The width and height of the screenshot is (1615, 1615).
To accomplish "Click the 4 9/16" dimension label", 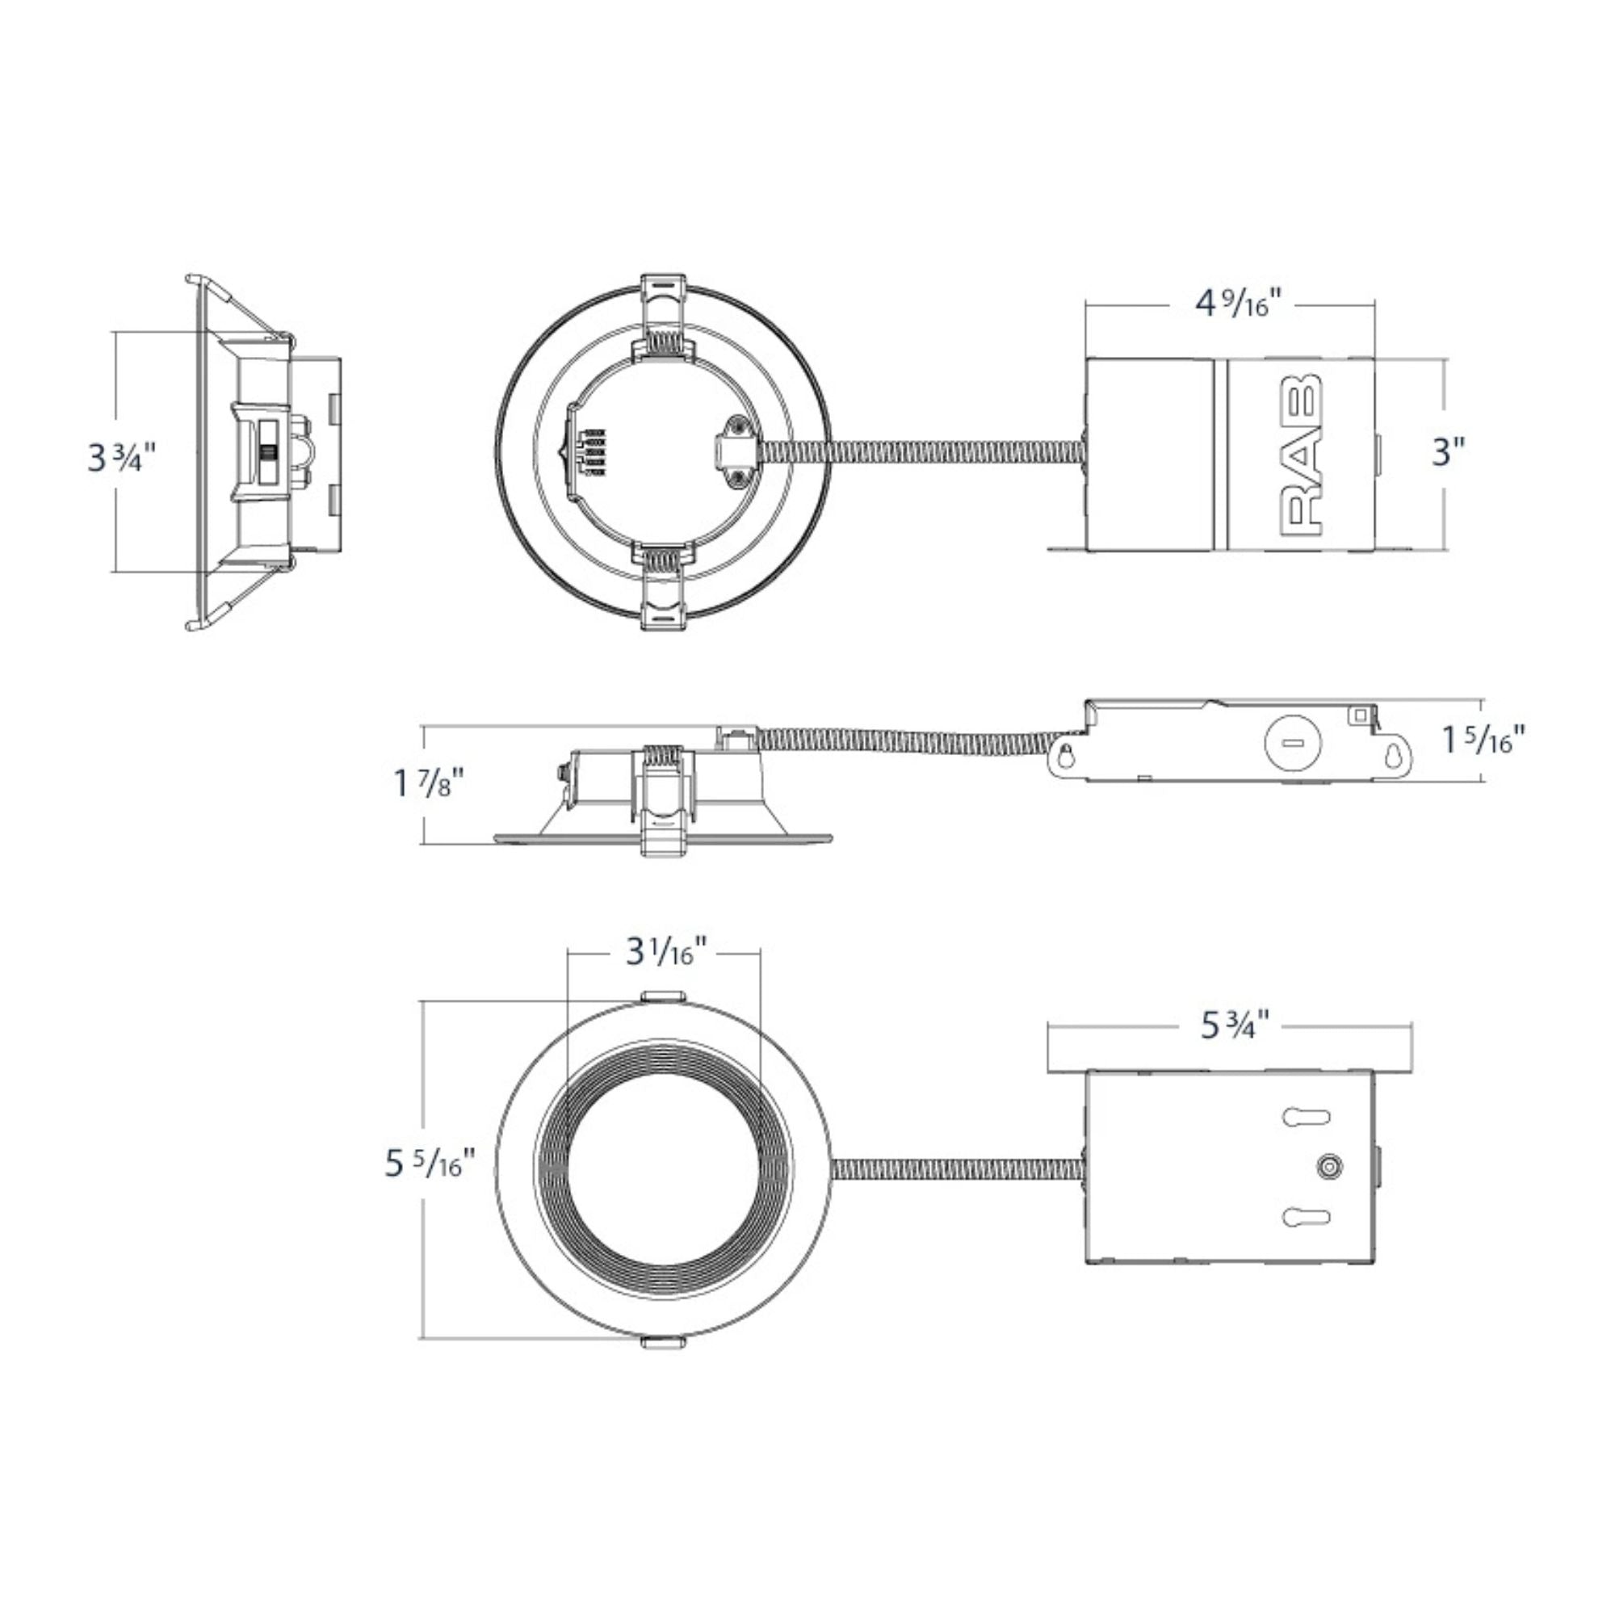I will (x=1236, y=304).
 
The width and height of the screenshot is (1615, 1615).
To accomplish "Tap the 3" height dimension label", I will (x=1449, y=453).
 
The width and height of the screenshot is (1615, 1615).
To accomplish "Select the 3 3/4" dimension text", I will (x=122, y=458).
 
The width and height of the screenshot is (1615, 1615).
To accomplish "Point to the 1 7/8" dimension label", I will (x=428, y=784).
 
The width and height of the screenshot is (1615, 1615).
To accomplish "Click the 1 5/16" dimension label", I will (x=1483, y=739).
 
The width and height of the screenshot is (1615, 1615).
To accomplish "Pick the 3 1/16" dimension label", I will (x=666, y=952).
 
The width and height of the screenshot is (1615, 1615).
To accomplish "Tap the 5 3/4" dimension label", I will (x=1235, y=1026).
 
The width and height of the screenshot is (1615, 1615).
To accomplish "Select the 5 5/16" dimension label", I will (x=429, y=1163).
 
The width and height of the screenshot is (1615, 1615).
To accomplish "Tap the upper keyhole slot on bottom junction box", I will (x=1306, y=1117).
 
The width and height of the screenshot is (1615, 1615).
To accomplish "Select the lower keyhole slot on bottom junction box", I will (x=1306, y=1217).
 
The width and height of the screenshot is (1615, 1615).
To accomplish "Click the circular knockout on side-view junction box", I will (x=1293, y=743).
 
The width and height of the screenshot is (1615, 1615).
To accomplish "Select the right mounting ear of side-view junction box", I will (x=1394, y=756).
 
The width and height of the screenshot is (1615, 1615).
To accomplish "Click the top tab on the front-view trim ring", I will (x=664, y=996).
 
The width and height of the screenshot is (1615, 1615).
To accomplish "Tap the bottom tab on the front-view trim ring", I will (x=664, y=1343).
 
